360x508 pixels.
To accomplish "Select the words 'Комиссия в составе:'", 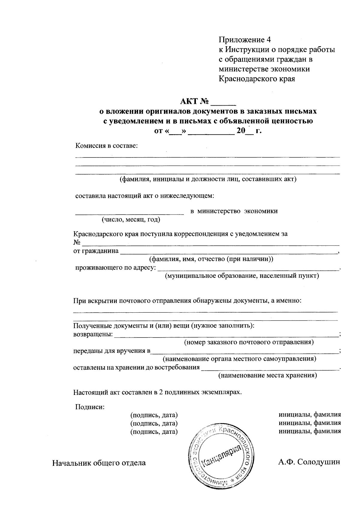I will [x=106, y=146].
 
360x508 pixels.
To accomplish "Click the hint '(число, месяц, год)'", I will [x=131, y=220].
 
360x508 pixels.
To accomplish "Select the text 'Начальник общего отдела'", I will [x=99, y=463].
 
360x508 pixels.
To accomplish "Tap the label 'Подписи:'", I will [x=89, y=407].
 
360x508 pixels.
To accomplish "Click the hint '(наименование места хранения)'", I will [x=268, y=375].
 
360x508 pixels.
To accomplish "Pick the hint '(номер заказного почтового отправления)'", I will [x=249, y=342].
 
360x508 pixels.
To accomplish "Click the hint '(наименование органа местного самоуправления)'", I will [x=239, y=359].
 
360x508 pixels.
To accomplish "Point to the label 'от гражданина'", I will [x=96, y=251].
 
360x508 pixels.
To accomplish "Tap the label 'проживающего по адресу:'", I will [x=115, y=267].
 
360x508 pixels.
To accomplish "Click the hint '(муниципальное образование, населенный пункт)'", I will [x=241, y=276].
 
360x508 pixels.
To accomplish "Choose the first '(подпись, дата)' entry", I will [x=154, y=415].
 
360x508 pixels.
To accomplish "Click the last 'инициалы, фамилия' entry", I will [x=310, y=431].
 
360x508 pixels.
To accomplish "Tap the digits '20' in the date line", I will [x=241, y=131].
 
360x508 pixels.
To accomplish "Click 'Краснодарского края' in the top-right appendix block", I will [x=257, y=79].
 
